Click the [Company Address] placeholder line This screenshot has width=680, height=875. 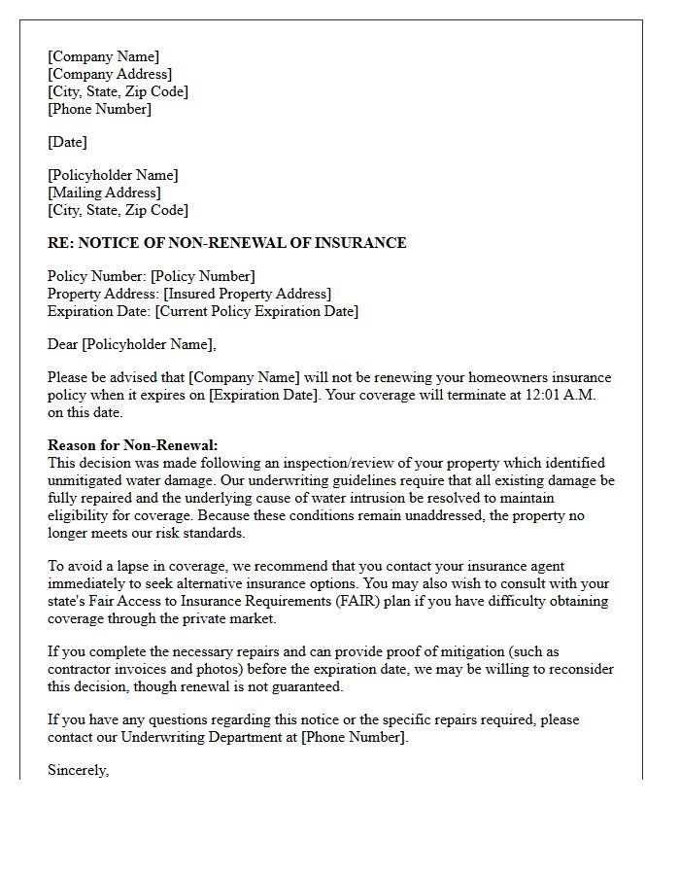(x=110, y=74)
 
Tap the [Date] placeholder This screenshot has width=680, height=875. (x=67, y=142)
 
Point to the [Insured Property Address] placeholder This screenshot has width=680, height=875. (x=247, y=294)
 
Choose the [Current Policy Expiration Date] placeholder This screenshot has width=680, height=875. (x=256, y=311)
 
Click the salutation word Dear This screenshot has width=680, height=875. (x=63, y=344)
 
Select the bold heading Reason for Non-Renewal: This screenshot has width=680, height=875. (x=133, y=445)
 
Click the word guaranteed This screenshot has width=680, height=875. (x=307, y=686)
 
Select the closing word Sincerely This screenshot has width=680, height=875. (x=78, y=770)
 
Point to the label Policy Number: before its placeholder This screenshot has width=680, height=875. (x=97, y=276)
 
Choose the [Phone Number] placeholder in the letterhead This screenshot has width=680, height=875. (x=99, y=109)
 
